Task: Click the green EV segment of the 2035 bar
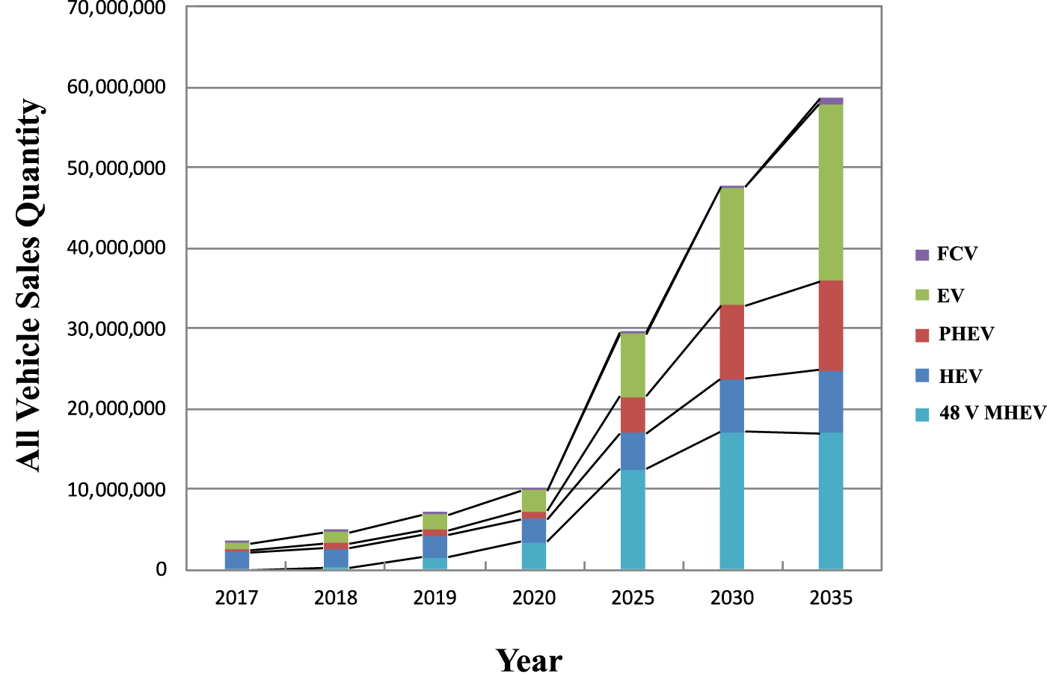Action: (831, 192)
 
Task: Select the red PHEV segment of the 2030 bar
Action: (731, 342)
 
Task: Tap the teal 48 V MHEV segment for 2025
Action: (633, 519)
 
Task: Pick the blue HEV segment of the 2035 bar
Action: (831, 401)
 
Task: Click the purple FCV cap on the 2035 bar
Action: (831, 101)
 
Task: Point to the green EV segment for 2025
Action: (633, 365)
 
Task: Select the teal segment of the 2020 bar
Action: (534, 556)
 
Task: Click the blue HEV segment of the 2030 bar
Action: (731, 405)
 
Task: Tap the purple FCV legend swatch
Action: (921, 255)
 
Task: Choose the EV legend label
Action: (951, 295)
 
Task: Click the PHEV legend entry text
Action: (966, 334)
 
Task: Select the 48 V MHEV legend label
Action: (992, 413)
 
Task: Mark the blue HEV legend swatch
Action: (921, 376)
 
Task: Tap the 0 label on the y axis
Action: (161, 569)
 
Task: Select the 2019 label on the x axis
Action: (435, 598)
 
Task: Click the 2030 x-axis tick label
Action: (731, 598)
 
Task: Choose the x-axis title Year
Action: (529, 661)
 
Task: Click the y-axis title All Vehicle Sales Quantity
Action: (30, 285)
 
